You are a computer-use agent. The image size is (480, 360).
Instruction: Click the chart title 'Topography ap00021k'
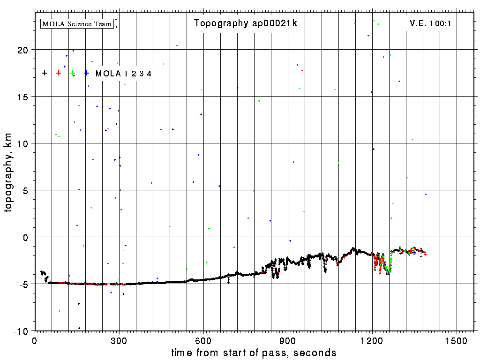click(x=246, y=23)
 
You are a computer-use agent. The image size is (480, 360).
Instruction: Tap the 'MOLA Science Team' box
click(x=77, y=23)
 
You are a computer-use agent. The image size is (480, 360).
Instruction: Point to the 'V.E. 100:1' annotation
click(x=430, y=23)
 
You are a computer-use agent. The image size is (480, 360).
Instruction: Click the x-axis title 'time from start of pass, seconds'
click(x=254, y=352)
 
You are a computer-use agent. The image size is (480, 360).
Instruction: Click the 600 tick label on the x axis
click(x=203, y=341)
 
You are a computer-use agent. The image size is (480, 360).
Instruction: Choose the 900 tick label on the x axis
click(x=288, y=341)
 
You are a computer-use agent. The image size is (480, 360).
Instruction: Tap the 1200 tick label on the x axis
click(x=372, y=341)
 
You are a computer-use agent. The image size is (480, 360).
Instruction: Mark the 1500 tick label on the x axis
click(x=457, y=341)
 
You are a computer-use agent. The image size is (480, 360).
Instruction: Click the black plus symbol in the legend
click(x=45, y=73)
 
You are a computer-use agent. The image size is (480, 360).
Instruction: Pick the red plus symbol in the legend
click(x=59, y=73)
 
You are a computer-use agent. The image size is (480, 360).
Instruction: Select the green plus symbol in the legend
click(x=73, y=73)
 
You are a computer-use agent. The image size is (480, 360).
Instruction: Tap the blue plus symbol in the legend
click(x=87, y=73)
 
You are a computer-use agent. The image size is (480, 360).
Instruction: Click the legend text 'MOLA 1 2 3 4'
click(x=123, y=74)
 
